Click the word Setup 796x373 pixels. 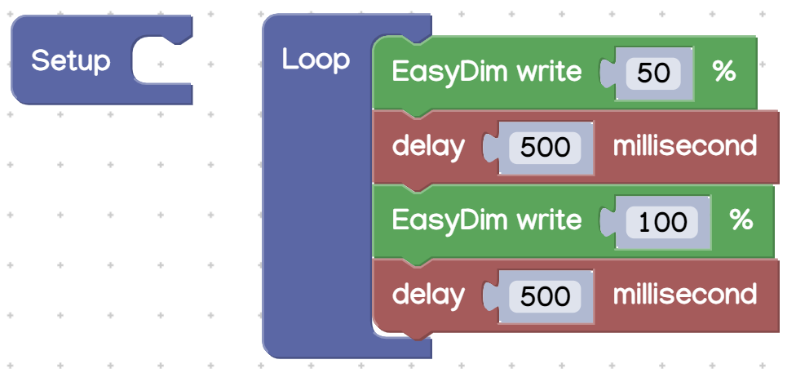[x=71, y=61]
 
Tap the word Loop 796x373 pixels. [x=316, y=60]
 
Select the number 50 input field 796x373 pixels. [x=653, y=73]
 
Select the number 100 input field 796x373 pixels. [x=662, y=222]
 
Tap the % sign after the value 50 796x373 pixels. [x=724, y=72]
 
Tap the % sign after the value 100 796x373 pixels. [x=741, y=220]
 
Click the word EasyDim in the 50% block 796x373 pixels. [x=449, y=73]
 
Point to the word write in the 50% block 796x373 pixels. [x=549, y=72]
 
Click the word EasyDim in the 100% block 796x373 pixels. [x=449, y=221]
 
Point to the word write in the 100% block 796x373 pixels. [x=549, y=220]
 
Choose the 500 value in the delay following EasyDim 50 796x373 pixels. [x=545, y=148]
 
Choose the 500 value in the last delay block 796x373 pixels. [x=545, y=296]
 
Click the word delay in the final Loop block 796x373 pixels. [x=428, y=295]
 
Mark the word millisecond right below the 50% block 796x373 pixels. [x=685, y=146]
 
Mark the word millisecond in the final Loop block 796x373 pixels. [x=685, y=294]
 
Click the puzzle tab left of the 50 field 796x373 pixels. [x=607, y=73]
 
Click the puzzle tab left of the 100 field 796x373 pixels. [x=607, y=222]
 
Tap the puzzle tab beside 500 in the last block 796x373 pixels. [x=490, y=296]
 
